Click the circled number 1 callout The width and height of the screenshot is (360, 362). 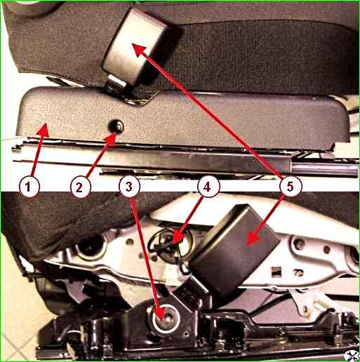(29, 187)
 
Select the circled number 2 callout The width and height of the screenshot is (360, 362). (79, 187)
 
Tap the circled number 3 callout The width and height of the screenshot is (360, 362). (129, 187)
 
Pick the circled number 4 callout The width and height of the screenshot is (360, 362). (208, 187)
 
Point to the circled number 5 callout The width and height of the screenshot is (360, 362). (290, 187)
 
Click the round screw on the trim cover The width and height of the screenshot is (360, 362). (116, 126)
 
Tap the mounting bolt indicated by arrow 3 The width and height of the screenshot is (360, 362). (166, 319)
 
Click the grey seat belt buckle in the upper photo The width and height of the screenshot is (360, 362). (140, 46)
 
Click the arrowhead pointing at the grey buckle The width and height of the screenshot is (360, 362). (140, 50)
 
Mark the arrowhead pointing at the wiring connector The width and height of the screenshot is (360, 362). (178, 239)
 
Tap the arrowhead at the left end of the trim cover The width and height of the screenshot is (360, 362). (43, 130)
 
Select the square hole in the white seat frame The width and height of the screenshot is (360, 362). (276, 271)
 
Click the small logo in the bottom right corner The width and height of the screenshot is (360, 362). (352, 356)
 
